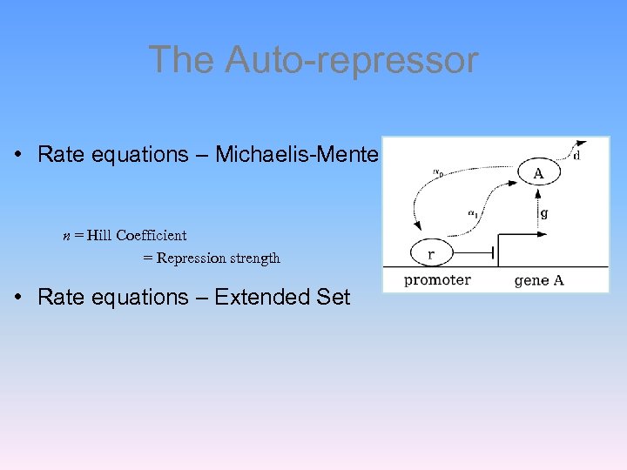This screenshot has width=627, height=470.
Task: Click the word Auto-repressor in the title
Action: tap(351, 60)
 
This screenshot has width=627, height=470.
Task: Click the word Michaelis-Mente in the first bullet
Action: tap(297, 155)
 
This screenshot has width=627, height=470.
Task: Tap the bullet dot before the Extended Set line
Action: tap(18, 298)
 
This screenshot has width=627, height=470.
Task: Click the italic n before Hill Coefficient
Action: tap(66, 235)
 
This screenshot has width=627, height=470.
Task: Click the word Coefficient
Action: tap(152, 235)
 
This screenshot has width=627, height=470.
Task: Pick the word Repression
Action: tap(192, 258)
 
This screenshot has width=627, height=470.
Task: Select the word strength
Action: tap(255, 258)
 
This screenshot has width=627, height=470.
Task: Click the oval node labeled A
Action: tap(538, 173)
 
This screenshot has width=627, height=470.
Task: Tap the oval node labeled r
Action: tap(431, 253)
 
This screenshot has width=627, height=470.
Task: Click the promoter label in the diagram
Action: tap(437, 279)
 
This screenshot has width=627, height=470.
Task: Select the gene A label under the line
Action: tap(539, 279)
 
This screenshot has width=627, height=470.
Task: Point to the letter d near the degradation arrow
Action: tap(576, 156)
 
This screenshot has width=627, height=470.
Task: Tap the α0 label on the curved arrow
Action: tap(437, 172)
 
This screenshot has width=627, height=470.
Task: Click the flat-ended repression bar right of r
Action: tap(494, 253)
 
